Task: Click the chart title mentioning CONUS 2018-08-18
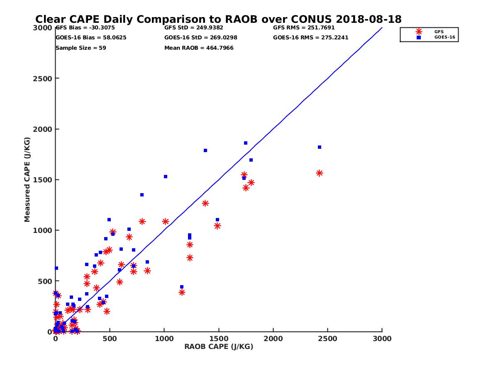[218, 19]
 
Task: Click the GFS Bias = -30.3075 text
[85, 28]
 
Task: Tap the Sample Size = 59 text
[81, 48]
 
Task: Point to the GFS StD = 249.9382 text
[194, 28]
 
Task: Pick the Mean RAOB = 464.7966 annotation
[199, 48]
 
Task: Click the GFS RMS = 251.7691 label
[304, 28]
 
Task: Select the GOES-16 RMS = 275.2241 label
[310, 37]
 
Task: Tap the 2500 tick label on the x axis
[328, 339]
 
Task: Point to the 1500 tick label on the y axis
[43, 180]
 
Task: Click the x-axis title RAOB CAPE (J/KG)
[219, 346]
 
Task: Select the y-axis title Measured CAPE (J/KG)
[27, 179]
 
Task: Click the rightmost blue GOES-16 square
[320, 147]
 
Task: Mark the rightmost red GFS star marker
[320, 173]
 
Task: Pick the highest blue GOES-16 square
[246, 143]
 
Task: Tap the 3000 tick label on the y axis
[43, 28]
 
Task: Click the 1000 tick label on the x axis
[164, 339]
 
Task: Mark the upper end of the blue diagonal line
[382, 28]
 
